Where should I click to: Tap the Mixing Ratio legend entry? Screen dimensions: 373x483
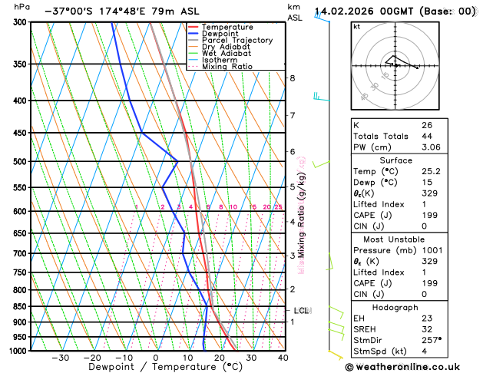227,66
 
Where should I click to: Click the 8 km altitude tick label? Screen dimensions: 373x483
292,78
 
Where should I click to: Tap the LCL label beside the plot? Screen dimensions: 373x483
302,311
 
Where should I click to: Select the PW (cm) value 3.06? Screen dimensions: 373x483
431,147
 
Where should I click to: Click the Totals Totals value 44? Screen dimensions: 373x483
426,136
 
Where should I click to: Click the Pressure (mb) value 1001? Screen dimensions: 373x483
432,261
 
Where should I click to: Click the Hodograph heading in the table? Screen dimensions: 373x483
395,307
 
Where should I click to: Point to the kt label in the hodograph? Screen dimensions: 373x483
356,26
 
